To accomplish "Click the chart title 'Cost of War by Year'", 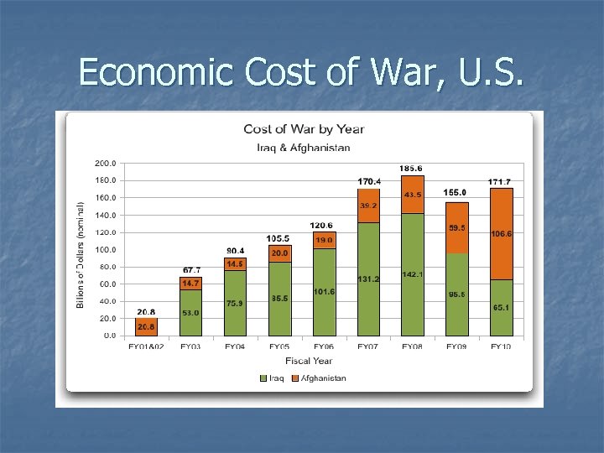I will click(304, 129).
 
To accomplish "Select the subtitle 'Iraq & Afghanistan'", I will click(304, 148).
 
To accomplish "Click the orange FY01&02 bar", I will click(146, 327).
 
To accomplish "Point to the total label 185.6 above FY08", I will click(411, 169).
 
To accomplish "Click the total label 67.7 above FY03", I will click(191, 270).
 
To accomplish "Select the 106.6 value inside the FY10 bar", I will click(502, 234).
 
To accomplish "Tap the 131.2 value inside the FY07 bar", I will click(368, 279).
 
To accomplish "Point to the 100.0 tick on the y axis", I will click(105, 250).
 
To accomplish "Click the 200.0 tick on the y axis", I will click(105, 164).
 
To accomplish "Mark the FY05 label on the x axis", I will click(280, 346).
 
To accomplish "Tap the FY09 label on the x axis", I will click(456, 346).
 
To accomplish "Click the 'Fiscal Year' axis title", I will click(309, 361).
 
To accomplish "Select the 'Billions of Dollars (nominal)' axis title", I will click(81, 253).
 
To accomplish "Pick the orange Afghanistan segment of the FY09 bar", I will click(456, 227).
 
